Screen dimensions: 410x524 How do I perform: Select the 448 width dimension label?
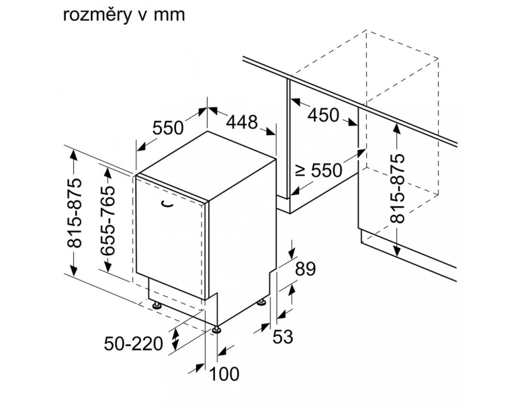(242, 122)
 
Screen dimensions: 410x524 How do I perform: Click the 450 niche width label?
(323, 115)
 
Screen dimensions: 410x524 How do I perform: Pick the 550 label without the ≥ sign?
(168, 128)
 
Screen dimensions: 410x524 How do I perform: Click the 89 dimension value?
(305, 269)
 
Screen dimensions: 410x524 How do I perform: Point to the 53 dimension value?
(282, 337)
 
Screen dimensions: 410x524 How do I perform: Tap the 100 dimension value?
(224, 374)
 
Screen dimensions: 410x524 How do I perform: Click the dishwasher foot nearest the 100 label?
(217, 330)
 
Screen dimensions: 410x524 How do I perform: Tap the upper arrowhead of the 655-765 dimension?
(108, 173)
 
